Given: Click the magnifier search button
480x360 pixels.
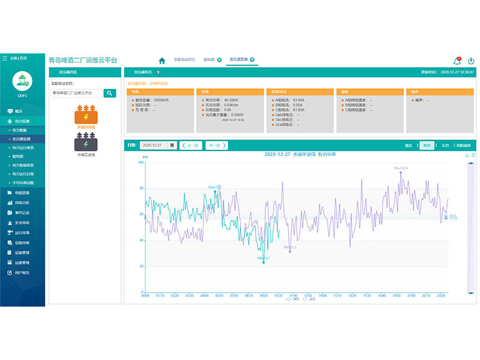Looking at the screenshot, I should tap(110, 93).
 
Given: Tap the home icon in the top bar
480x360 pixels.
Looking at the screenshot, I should tap(162, 60).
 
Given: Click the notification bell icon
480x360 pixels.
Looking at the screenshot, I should tap(457, 61).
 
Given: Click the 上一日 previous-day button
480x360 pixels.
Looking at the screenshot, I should tap(191, 145).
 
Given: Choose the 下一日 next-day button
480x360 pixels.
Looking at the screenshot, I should tap(217, 145).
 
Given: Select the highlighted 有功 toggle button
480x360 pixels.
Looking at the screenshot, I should tap(426, 145).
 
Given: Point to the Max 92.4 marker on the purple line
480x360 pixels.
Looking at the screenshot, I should tap(401, 172).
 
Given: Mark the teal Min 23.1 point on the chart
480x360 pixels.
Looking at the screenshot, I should tap(263, 262).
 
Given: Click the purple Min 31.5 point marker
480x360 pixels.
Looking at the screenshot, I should tap(290, 251).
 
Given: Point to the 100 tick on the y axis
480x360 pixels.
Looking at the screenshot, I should tap(141, 163).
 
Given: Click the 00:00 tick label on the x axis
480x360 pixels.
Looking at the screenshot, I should tap(145, 296).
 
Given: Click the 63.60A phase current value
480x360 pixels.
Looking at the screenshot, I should tap(298, 100).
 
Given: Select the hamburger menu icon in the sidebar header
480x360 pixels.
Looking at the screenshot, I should tap(5, 58).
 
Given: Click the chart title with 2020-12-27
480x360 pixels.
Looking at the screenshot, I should tap(300, 154).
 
